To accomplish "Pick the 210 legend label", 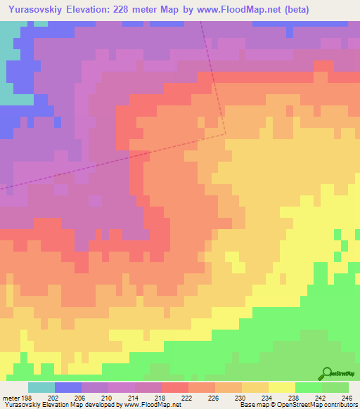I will (x=108, y=397).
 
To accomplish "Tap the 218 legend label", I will (x=161, y=397).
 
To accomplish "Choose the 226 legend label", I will (x=214, y=397).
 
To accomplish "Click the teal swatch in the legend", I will (x=41, y=387).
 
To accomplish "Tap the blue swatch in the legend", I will (x=67, y=387).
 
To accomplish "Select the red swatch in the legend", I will (x=174, y=387).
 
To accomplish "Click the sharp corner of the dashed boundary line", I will (x=226, y=133).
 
